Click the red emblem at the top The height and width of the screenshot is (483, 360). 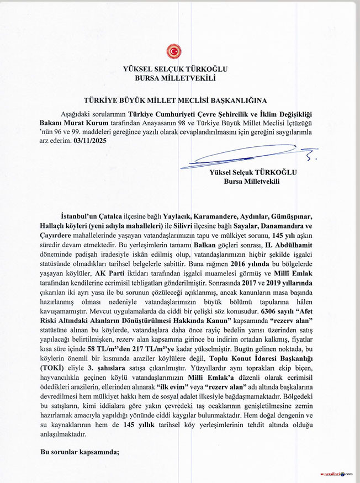point(174,51)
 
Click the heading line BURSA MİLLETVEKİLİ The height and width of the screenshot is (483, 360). point(175,78)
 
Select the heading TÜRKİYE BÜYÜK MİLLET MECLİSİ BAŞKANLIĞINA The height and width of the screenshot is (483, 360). point(175,101)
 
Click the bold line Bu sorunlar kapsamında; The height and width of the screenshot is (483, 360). point(80,452)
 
